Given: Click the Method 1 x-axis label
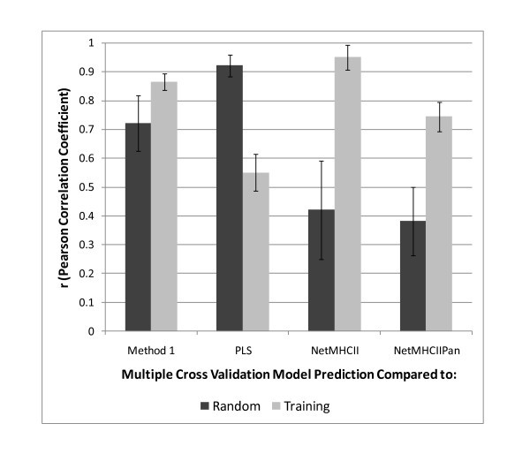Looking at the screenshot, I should tap(150, 344).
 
